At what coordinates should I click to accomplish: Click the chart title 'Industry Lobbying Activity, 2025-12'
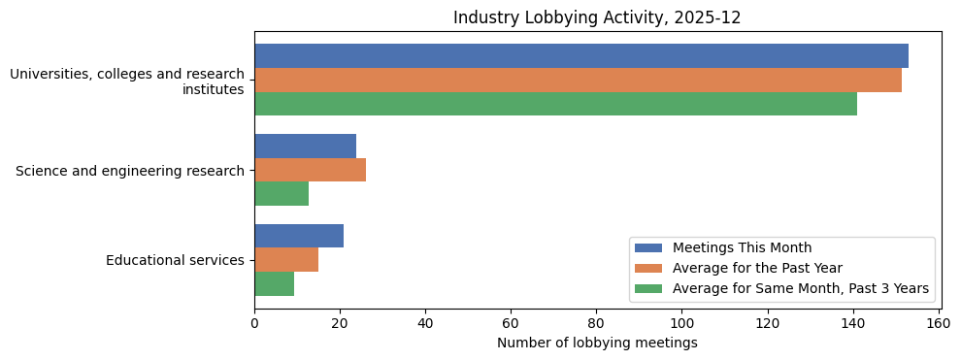coord(597,17)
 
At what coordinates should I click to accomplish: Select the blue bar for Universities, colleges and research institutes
coord(580,56)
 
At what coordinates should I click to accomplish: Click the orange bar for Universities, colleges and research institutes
coord(578,81)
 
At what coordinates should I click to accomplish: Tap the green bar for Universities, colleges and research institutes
coord(555,104)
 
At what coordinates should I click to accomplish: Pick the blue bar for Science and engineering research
coord(305,146)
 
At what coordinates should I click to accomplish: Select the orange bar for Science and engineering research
coord(310,170)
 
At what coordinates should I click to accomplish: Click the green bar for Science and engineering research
coord(282,194)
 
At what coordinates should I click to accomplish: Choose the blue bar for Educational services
coord(299,236)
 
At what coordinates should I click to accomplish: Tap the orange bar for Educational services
coord(286,260)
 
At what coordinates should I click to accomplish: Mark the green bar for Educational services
coord(274,283)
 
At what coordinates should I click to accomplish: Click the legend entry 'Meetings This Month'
coord(742,247)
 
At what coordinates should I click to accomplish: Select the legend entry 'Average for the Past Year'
coord(757,268)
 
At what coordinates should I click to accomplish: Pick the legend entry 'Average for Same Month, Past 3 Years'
coord(800,288)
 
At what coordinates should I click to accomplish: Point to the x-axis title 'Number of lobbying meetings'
coord(597,343)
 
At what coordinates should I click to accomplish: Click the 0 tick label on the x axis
coord(254,323)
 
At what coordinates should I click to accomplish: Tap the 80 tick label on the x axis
coord(596,323)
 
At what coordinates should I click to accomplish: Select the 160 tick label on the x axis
coord(938,323)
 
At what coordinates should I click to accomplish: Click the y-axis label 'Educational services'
coord(175,260)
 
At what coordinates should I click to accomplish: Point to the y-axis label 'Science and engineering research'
coord(130,171)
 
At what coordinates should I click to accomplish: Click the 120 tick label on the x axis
coord(767,323)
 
